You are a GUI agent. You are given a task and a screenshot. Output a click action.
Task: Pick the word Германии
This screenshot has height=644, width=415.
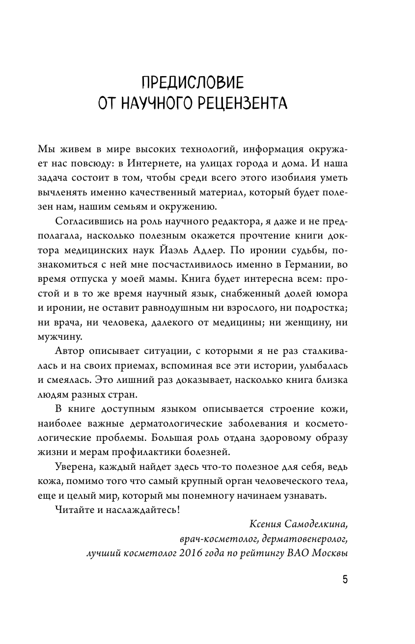[x=292, y=266]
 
